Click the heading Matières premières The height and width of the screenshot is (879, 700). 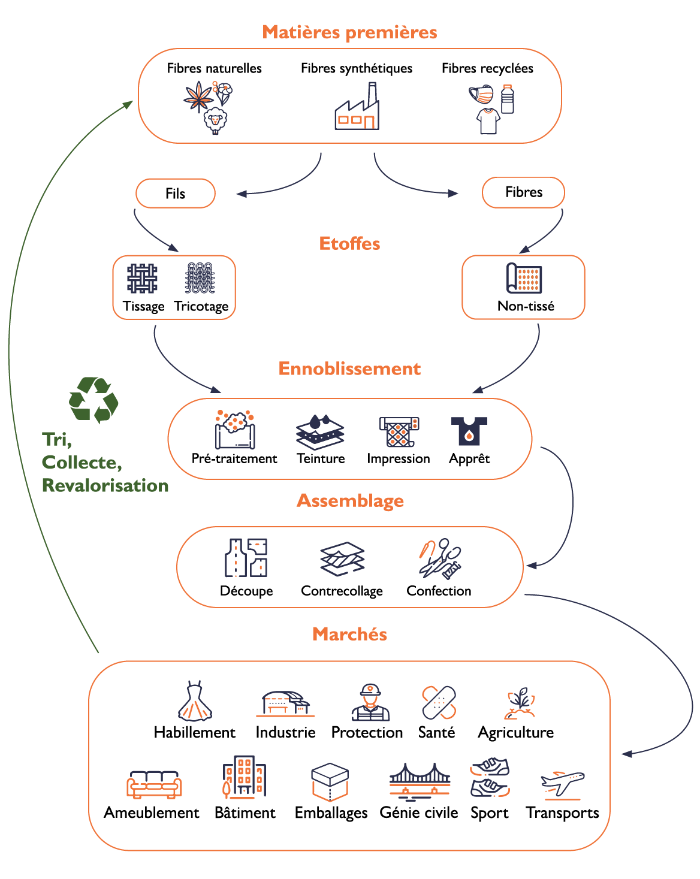click(349, 32)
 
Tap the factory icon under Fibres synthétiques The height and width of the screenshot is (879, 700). click(357, 108)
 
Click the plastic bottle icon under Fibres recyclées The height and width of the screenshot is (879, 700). click(508, 99)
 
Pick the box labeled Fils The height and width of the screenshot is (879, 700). click(176, 194)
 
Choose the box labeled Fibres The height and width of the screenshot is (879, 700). click(523, 192)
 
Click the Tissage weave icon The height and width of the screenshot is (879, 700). click(142, 279)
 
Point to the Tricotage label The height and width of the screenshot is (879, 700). click(201, 306)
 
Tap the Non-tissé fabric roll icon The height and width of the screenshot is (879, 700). click(524, 278)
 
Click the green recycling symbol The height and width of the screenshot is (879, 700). click(93, 400)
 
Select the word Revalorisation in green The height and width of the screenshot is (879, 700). click(105, 485)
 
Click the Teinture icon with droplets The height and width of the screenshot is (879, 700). click(320, 431)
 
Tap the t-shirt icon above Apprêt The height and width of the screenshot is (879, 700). click(469, 431)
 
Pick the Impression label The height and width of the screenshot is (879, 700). click(399, 458)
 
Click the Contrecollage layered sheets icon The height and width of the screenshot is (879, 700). click(342, 559)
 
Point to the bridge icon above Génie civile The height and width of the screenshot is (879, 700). click(420, 781)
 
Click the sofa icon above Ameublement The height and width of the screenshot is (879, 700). click(154, 784)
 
